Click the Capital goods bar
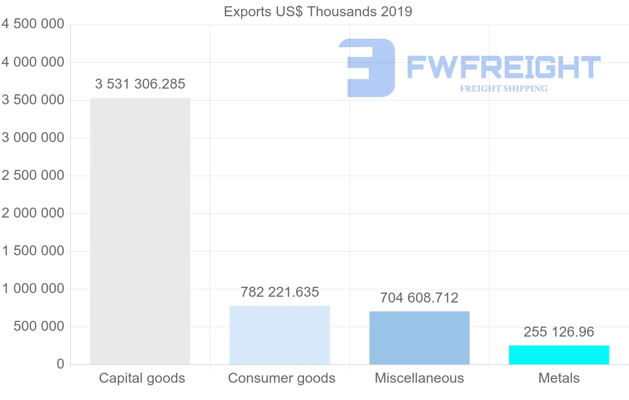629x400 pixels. click(x=140, y=231)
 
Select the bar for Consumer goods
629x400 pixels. click(x=279, y=334)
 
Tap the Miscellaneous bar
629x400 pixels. click(x=419, y=338)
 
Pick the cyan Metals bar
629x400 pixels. click(x=559, y=354)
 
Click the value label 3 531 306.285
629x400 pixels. click(x=140, y=84)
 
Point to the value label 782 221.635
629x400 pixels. click(x=279, y=292)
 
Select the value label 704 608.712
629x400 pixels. click(x=419, y=298)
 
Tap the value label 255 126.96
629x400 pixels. click(x=559, y=332)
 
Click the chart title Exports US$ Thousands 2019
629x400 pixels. click(x=318, y=12)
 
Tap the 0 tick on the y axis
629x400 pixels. click(x=60, y=364)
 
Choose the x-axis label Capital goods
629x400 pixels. click(x=142, y=378)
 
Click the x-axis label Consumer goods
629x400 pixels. click(x=281, y=378)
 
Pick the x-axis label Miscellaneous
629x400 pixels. click(x=419, y=378)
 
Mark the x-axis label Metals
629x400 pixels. click(x=559, y=378)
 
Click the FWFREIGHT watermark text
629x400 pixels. click(x=503, y=67)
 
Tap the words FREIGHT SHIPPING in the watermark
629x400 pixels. click(x=503, y=89)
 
